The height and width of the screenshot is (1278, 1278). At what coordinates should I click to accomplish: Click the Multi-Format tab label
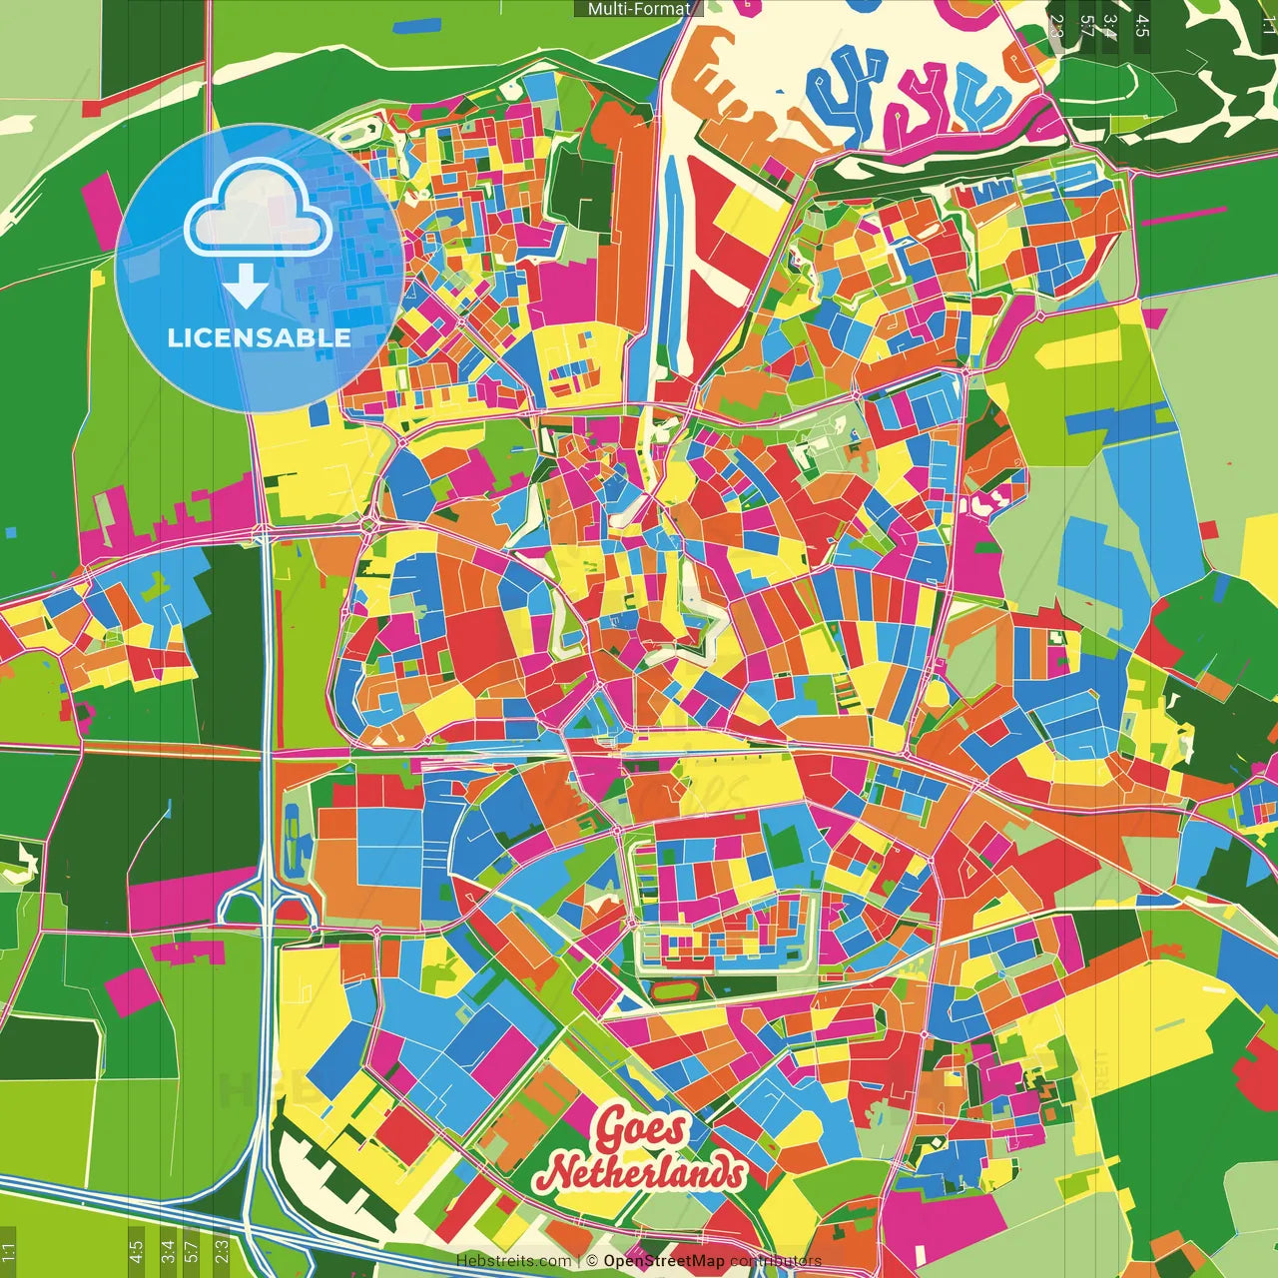639,9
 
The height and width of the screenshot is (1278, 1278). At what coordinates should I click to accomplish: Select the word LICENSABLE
259,338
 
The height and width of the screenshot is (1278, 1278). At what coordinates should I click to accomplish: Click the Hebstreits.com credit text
513,1261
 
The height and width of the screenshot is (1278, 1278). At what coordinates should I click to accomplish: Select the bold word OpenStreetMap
663,1261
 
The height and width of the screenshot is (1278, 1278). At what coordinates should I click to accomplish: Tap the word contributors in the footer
776,1261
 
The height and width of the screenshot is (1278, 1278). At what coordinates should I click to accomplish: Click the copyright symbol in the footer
592,1261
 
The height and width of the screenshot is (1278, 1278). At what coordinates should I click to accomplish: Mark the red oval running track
678,991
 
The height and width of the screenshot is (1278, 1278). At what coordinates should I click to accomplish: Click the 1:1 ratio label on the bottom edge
9,1250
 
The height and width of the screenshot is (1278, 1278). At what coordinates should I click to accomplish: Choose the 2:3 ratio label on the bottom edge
222,1250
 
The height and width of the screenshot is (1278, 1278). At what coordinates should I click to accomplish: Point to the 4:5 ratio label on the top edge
1142,26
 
